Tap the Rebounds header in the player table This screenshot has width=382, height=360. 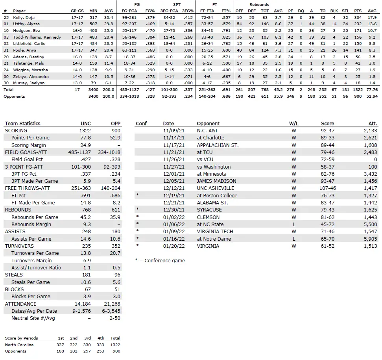259,5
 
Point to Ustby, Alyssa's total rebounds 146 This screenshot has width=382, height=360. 265,24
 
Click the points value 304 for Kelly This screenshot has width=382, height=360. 358,18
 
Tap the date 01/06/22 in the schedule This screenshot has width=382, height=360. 173,225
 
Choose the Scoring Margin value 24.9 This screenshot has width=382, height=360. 86,145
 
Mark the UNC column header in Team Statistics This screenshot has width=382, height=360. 86,123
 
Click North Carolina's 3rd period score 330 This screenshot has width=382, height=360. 87,345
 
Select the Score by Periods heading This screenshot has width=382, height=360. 22,338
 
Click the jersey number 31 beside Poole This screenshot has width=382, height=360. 6,50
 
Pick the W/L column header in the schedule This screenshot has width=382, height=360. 293,123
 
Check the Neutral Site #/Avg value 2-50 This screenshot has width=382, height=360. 114,318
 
